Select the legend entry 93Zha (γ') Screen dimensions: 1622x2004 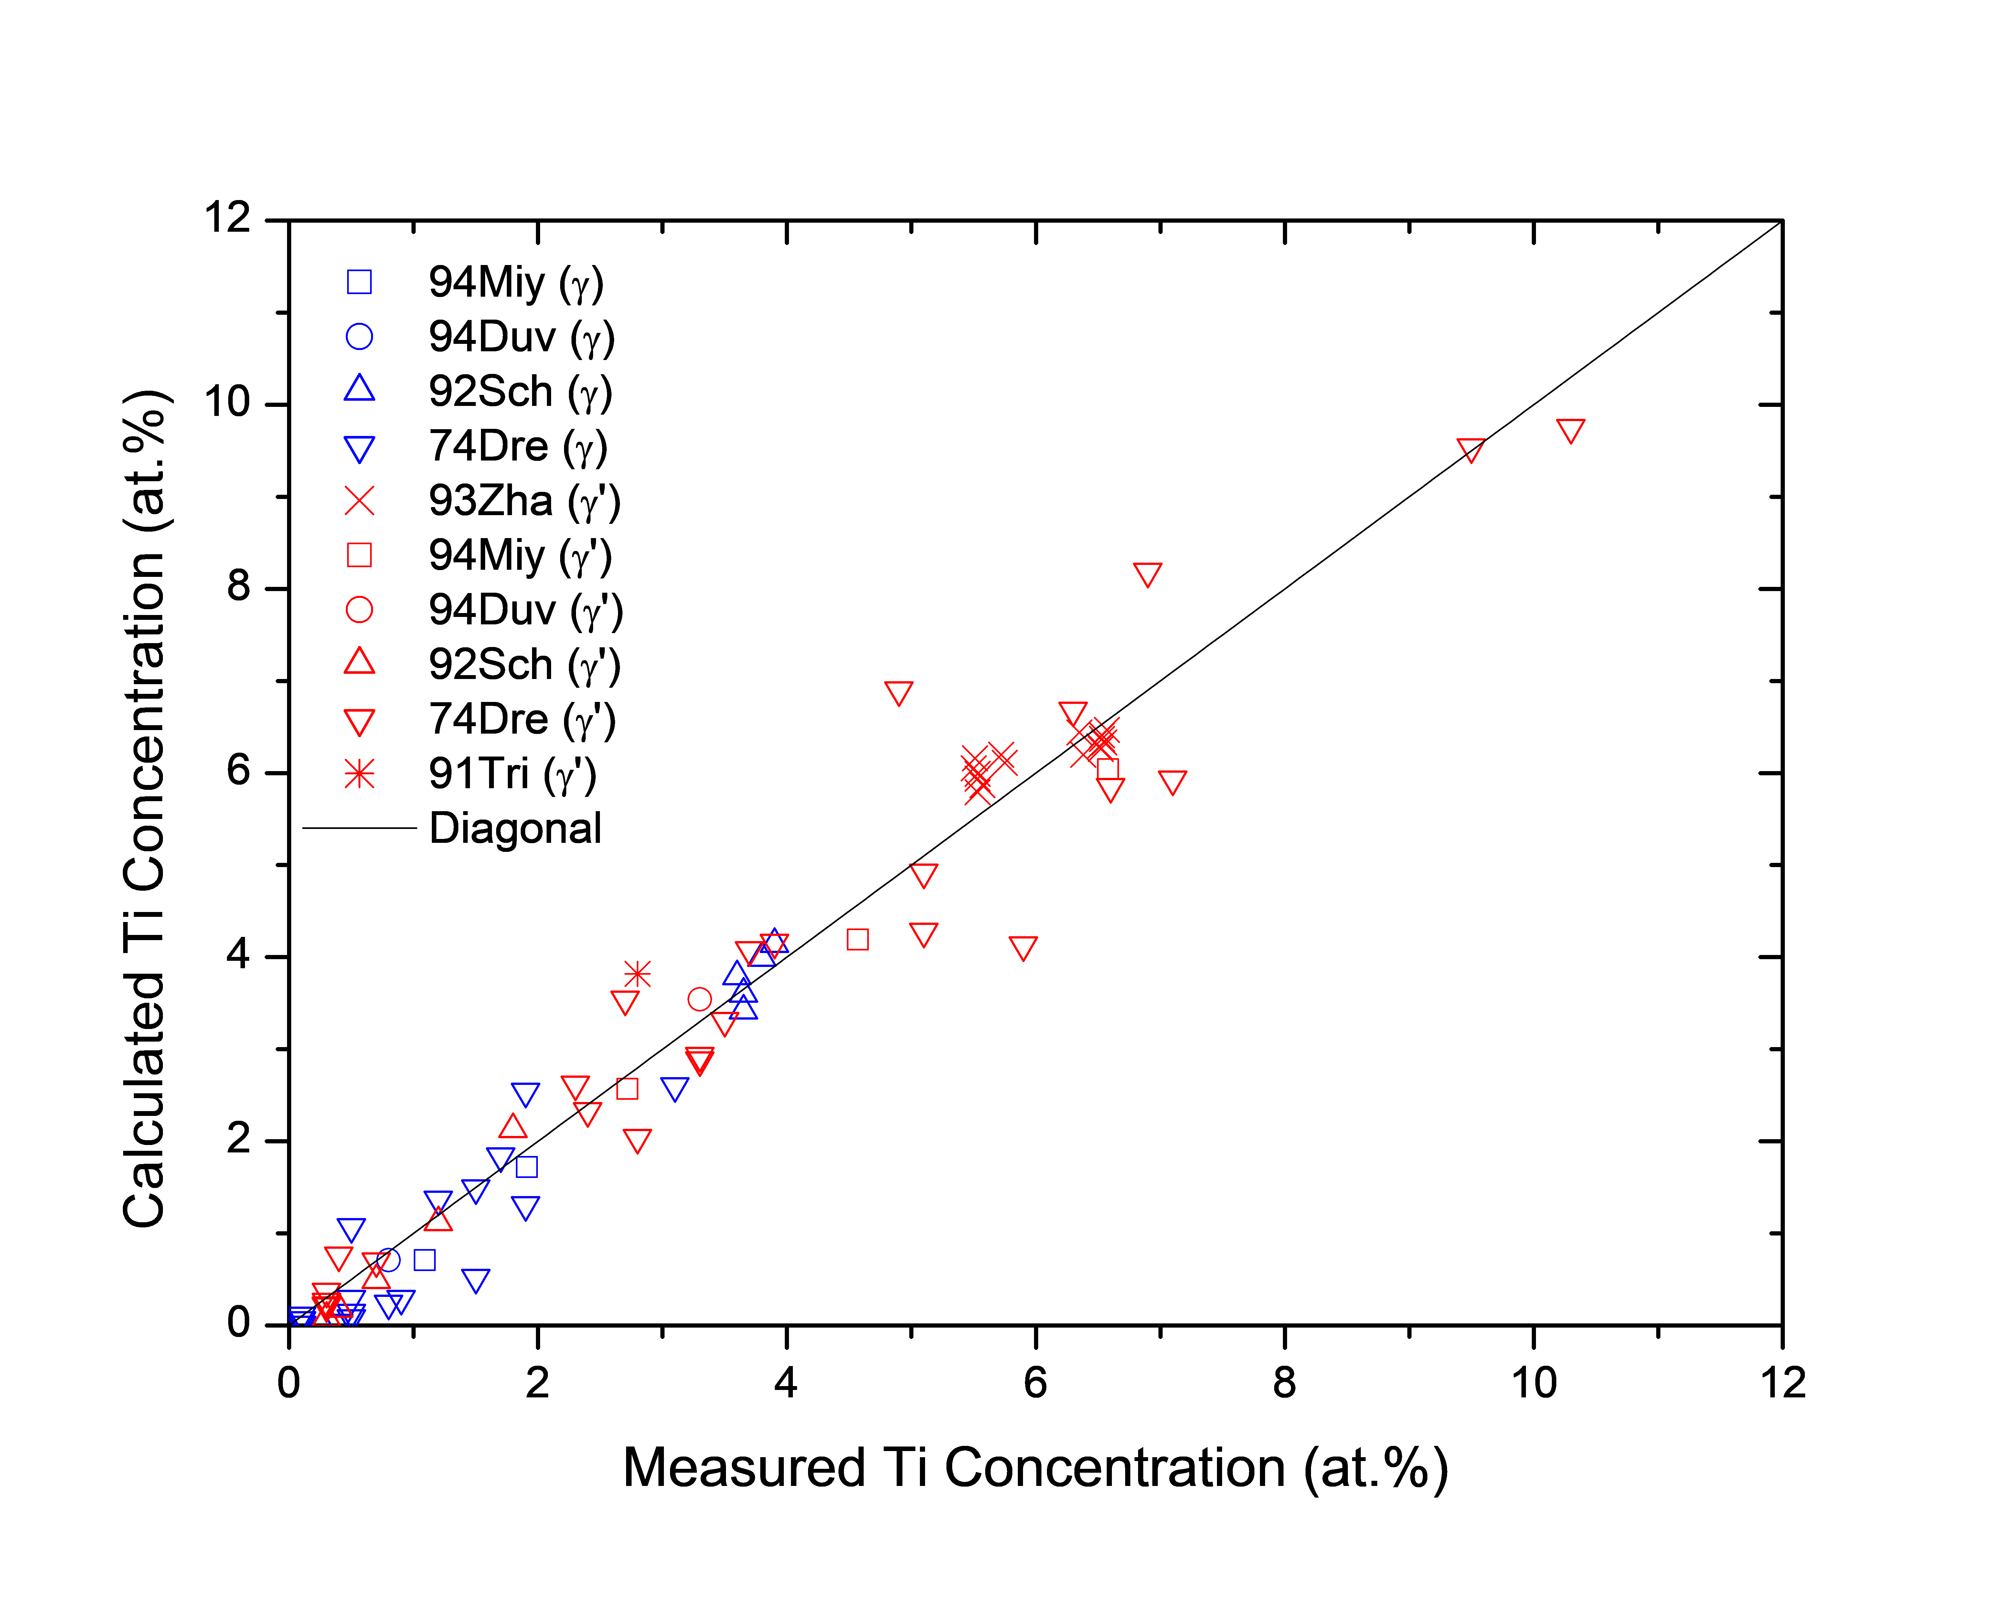[523, 502]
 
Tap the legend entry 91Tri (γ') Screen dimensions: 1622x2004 [512, 775]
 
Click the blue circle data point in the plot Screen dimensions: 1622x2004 [389, 1260]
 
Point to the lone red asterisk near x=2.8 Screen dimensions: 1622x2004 [637, 974]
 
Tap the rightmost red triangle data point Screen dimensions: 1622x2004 [1571, 431]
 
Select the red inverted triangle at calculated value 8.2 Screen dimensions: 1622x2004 [1147, 575]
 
